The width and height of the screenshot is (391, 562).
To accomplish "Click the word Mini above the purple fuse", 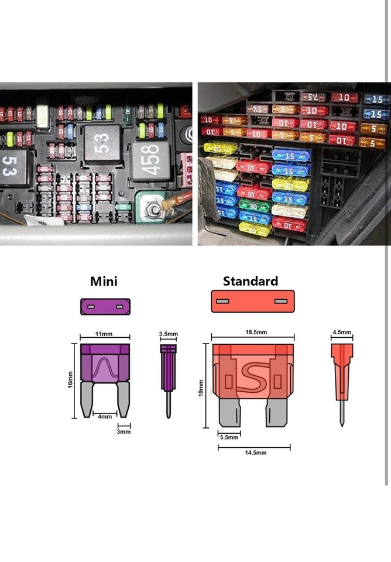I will click(x=104, y=281).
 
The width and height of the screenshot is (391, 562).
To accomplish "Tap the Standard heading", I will click(x=250, y=281).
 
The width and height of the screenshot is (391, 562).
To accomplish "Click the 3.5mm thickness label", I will click(x=169, y=334).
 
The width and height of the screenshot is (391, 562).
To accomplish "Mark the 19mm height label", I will click(x=201, y=388).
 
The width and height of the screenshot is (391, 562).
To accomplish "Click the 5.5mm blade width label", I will click(x=229, y=437).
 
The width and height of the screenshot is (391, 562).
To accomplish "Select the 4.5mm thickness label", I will click(x=342, y=333).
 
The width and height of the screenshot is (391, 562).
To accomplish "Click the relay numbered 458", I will click(x=150, y=159).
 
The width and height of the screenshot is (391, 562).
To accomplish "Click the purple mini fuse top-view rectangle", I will click(x=104, y=306).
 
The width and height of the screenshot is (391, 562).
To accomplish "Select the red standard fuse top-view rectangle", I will click(x=252, y=301).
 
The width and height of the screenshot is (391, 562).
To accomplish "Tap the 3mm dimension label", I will click(x=124, y=432).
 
